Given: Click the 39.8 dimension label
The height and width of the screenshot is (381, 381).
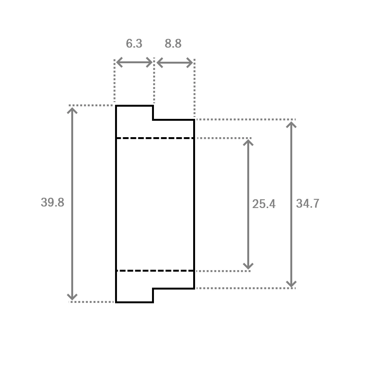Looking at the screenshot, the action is point(53,202).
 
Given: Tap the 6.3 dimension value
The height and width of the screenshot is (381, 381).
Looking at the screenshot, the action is point(134,43).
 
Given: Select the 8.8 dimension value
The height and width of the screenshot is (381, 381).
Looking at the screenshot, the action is point(173,43).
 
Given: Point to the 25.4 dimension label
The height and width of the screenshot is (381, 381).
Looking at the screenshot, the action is point(264,204).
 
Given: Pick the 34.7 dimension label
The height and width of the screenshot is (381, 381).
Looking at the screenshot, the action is point(307,203).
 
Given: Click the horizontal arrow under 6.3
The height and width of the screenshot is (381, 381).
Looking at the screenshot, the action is point(134,62).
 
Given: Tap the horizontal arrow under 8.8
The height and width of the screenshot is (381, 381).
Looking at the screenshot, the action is point(175,63).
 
